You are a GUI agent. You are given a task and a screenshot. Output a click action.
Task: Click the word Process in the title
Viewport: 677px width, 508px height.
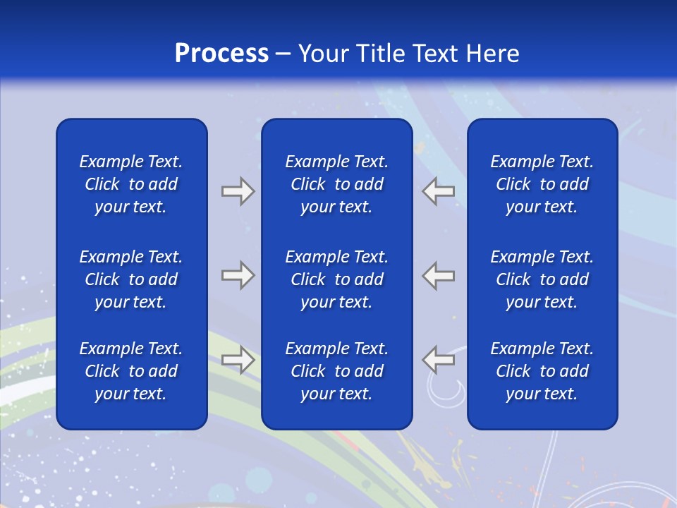(221, 54)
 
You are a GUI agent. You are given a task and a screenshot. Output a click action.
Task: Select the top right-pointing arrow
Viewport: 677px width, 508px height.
(238, 191)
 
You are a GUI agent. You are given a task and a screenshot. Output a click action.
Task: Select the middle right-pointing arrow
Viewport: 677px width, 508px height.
(238, 275)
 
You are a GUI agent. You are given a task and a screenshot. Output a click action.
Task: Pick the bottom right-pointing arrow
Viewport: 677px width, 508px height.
(238, 360)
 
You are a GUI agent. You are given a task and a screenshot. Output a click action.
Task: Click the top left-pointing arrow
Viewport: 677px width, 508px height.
(438, 191)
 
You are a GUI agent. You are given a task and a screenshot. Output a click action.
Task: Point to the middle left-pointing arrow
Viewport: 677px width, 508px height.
(438, 275)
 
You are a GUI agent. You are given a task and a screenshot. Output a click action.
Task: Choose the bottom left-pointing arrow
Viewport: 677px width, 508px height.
(438, 360)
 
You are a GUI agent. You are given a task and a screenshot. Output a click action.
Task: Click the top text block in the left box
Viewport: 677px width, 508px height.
(131, 184)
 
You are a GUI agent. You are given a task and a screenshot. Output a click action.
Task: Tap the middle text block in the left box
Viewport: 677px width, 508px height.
(131, 279)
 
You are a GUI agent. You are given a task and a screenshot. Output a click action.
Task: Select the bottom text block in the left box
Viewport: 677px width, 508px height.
(131, 371)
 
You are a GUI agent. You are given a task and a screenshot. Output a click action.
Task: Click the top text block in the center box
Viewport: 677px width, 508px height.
(336, 184)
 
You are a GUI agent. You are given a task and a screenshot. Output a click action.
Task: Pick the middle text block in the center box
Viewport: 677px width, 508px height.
(336, 279)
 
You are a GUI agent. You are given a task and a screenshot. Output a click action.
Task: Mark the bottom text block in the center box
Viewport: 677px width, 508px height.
(336, 371)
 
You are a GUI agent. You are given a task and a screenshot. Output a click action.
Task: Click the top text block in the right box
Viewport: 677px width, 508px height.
(542, 184)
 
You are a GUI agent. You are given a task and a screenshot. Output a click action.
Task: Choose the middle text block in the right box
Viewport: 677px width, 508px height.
(542, 279)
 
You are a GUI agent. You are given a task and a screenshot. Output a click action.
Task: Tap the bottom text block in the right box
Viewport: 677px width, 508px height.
(542, 371)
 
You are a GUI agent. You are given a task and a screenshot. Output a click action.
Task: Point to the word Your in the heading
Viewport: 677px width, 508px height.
(324, 54)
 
